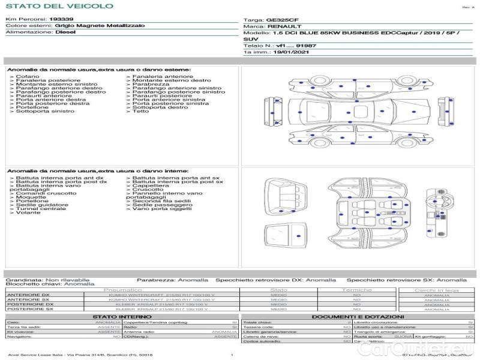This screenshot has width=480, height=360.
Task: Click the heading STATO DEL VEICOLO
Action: coord(59,6)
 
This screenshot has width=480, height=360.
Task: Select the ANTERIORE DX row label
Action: coord(30,295)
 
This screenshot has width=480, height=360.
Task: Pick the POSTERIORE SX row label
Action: coord(30,309)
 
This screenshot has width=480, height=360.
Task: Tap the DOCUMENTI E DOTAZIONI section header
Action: coord(357,316)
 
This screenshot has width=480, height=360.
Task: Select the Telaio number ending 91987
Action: coord(289,46)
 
